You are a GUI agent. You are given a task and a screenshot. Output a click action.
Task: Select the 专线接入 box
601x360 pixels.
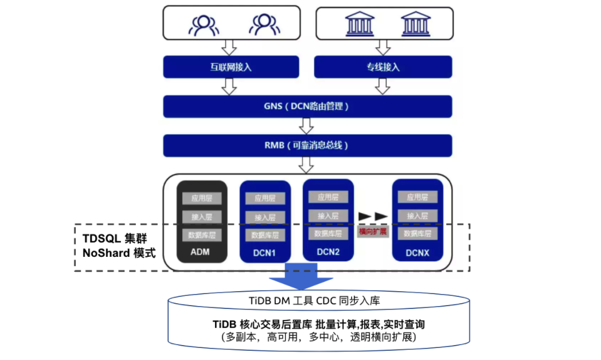[x=383, y=67]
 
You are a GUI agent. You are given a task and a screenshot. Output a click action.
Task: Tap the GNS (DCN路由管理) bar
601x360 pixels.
[x=307, y=106]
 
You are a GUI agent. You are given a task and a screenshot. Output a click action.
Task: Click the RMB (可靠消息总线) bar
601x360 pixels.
[x=307, y=145]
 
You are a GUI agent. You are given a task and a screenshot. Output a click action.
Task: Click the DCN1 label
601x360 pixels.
[x=265, y=252]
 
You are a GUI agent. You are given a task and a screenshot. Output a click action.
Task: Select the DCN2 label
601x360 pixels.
[x=328, y=251]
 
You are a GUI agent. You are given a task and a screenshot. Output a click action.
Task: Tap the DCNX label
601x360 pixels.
[x=417, y=251]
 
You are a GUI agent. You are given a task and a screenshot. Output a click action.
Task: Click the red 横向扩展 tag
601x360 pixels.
[x=373, y=232]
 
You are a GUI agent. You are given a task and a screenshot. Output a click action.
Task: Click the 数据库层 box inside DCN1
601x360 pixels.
[x=265, y=235]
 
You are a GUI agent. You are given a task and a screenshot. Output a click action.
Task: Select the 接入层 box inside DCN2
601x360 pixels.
[x=328, y=216]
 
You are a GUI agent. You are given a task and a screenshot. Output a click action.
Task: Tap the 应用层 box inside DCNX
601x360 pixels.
[x=417, y=197]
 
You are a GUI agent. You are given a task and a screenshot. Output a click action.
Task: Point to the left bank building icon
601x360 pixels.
[x=360, y=24]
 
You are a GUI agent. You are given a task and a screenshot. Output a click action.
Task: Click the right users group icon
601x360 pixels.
[x=264, y=24]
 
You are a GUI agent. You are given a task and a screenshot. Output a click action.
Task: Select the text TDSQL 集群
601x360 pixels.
[x=112, y=238]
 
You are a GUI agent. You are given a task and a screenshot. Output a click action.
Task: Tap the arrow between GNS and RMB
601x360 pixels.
[x=307, y=126]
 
